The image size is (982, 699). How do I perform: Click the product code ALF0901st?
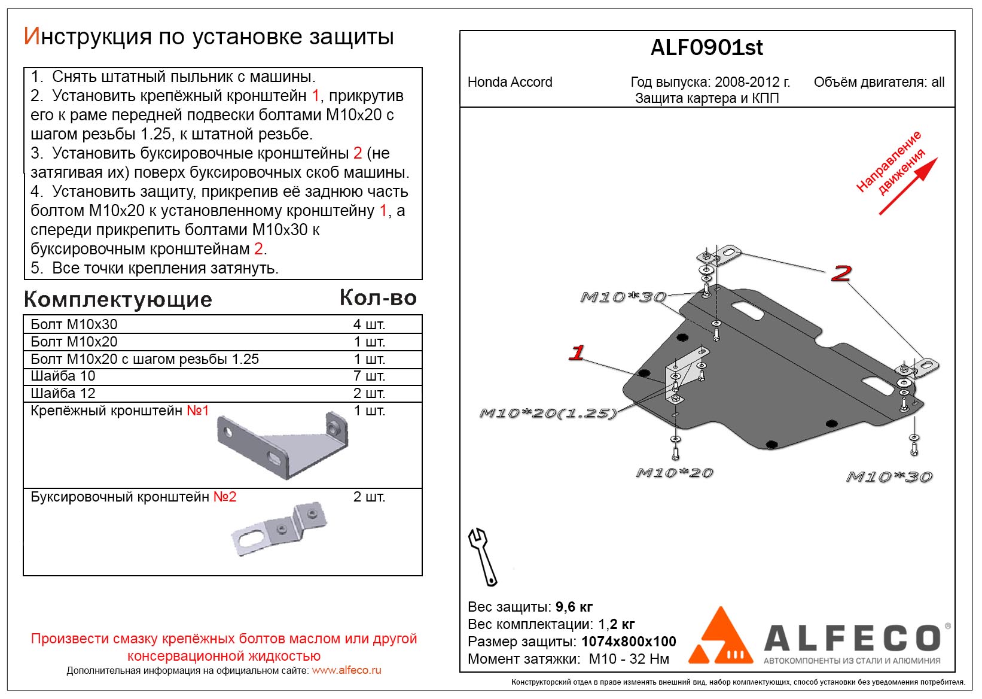coord(706,48)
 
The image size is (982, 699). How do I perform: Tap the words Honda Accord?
coord(510,82)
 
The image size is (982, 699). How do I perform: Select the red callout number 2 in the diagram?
coord(841,273)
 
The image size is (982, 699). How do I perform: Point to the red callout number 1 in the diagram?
coord(577,352)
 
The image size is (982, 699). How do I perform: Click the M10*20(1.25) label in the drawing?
coord(547,413)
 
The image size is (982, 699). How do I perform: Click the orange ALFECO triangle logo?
coord(720,638)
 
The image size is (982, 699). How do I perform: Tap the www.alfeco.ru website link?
coord(346,670)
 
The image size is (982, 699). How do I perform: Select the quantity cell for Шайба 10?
coord(369,376)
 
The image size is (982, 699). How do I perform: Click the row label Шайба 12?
coord(63,393)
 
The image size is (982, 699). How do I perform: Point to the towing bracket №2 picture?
coord(279,528)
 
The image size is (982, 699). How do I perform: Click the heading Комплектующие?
coord(118,299)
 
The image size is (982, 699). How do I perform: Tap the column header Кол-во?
coord(378,297)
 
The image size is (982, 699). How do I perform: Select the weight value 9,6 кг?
coord(574,607)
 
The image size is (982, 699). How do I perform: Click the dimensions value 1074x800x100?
coord(629,642)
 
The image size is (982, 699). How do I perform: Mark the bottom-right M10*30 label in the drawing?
coord(889,477)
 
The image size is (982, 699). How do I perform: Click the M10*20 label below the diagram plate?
coord(674,473)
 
